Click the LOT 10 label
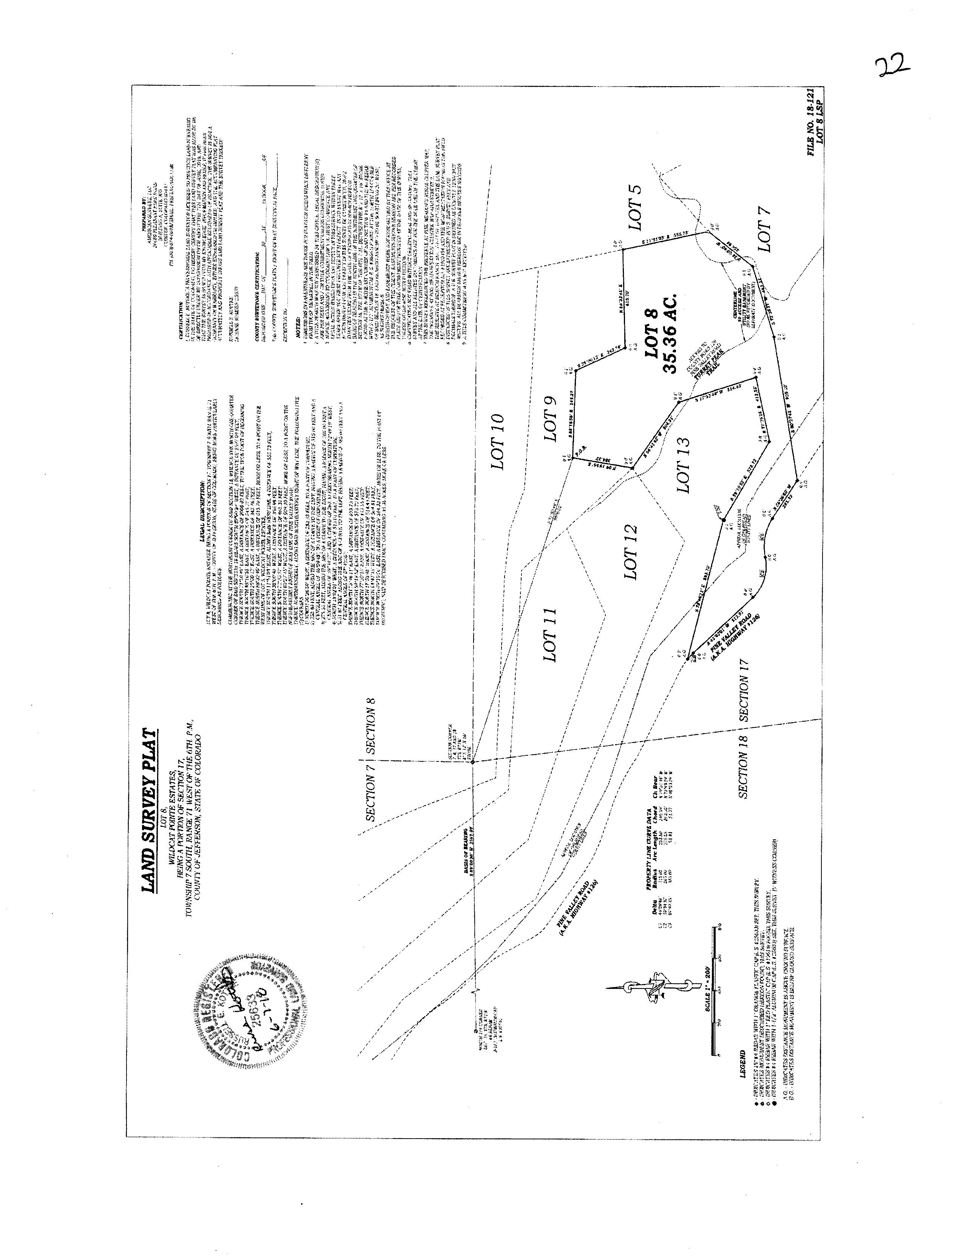point(498,441)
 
